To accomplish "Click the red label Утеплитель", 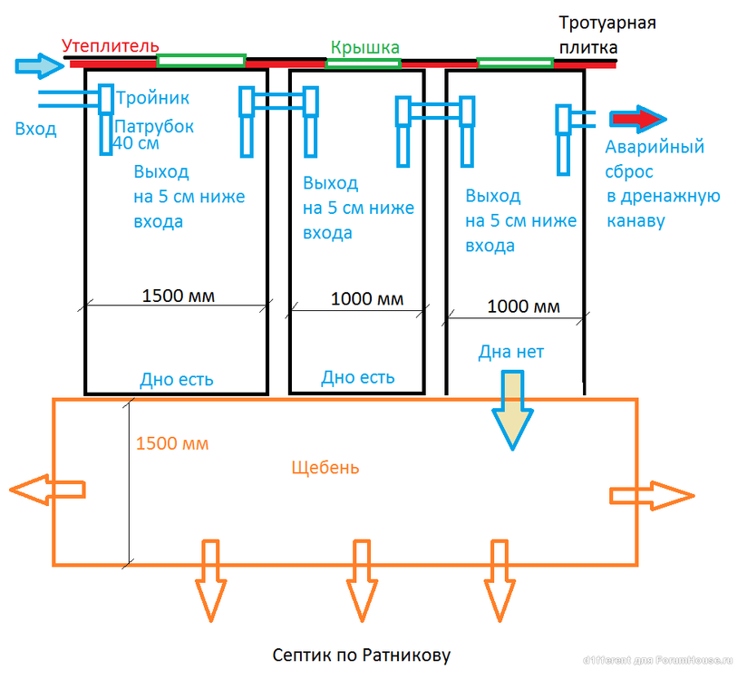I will (111, 45).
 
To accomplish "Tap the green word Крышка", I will (364, 47).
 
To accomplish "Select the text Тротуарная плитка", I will (606, 34).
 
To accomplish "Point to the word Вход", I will (35, 129).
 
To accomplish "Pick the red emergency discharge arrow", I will (638, 119).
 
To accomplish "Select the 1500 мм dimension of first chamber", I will (178, 296).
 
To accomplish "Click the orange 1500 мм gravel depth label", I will (172, 444).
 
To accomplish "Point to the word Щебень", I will (325, 468).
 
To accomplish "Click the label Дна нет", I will (511, 352).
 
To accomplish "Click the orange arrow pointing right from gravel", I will (651, 495).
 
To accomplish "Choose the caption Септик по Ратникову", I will (361, 655).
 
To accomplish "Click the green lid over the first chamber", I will (200, 61).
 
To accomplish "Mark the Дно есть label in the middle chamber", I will (358, 377).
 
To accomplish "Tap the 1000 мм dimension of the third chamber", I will (523, 306).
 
